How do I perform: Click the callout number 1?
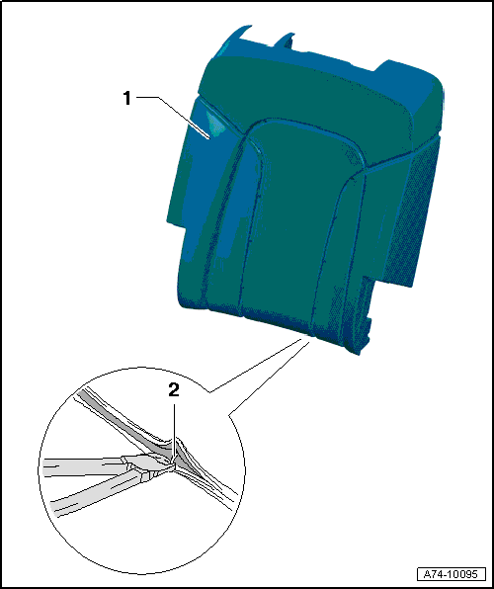pyautogui.click(x=127, y=99)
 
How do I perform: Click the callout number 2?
pyautogui.click(x=174, y=391)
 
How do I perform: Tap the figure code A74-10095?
pyautogui.click(x=452, y=574)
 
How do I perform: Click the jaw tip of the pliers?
pyautogui.click(x=174, y=463)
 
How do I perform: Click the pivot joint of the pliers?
pyautogui.click(x=144, y=472)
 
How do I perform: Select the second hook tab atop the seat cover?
pyautogui.click(x=287, y=40)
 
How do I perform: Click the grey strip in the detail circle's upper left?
pyautogui.click(x=123, y=417)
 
